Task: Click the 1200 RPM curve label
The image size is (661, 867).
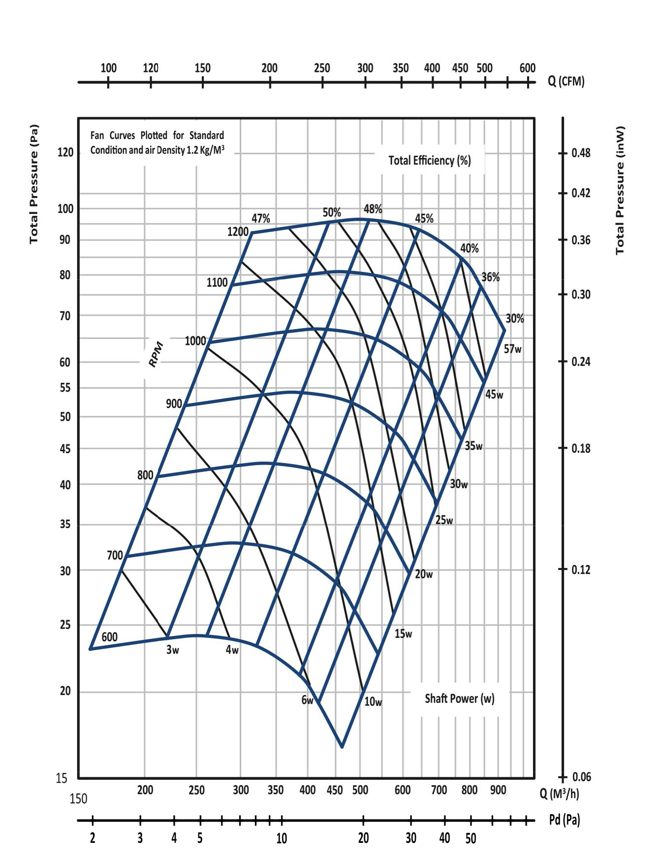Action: [x=238, y=232]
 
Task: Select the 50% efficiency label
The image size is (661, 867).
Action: [x=332, y=212]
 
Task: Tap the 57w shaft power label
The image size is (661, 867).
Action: [x=512, y=349]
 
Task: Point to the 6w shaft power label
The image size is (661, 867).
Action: [x=307, y=700]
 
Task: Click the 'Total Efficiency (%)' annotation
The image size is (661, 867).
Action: [x=429, y=161]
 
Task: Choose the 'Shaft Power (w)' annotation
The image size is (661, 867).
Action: [x=459, y=699]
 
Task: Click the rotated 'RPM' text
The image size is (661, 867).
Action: [x=156, y=354]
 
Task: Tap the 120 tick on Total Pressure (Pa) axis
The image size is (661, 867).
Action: [x=65, y=152]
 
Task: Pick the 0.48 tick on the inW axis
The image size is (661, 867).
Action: [x=581, y=153]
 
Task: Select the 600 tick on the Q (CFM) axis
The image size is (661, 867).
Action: [x=527, y=68]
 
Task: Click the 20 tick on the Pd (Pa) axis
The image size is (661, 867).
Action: [x=363, y=838]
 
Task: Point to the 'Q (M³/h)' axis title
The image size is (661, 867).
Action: [x=559, y=794]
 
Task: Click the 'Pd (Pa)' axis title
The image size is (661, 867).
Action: [x=565, y=820]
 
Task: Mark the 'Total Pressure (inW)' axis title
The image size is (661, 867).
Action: [x=620, y=190]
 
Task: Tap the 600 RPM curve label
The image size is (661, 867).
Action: [x=109, y=637]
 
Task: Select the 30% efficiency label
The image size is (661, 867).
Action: [x=515, y=319]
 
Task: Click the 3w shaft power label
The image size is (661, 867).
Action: [x=172, y=650]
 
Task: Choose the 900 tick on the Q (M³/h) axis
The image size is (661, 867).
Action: [x=498, y=790]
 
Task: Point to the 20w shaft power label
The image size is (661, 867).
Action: [x=424, y=574]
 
